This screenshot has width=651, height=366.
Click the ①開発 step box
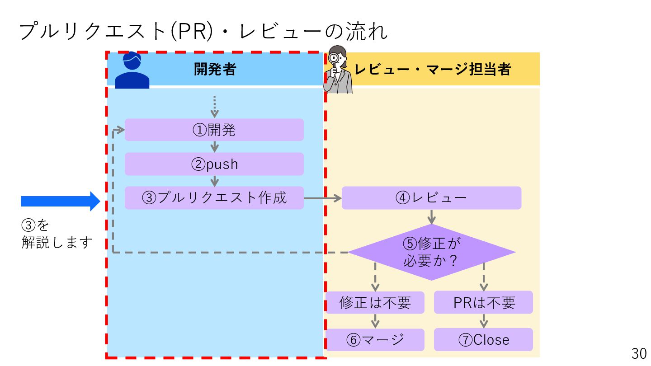point(214,130)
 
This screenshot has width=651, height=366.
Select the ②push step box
point(214,164)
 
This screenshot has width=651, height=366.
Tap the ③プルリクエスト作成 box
point(214,198)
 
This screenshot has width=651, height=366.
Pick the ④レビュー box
point(431,198)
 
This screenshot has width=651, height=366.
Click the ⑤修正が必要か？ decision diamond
point(431,252)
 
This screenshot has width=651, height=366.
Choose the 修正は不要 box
point(375,303)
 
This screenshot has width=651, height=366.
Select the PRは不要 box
point(483,303)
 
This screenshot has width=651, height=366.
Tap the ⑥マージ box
point(375,340)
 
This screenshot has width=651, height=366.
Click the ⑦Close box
point(483,340)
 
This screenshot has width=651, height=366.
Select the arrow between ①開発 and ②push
point(214,147)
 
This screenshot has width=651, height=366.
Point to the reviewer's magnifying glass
point(335,58)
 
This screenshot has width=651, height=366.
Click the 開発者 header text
point(215,69)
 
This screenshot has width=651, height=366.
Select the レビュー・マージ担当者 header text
point(433,69)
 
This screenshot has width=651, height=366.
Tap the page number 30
point(639,353)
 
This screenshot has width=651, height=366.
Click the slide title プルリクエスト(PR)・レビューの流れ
point(203,32)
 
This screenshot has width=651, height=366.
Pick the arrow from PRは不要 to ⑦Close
point(483,321)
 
